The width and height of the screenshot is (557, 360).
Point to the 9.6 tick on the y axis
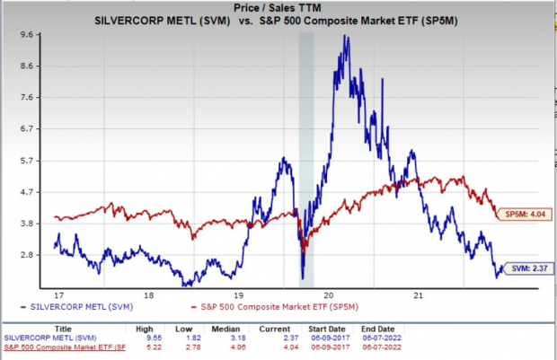(27, 34)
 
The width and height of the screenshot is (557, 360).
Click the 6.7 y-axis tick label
(27, 128)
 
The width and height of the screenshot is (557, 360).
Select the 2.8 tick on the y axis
(27, 254)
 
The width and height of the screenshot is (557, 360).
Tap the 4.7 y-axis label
(27, 191)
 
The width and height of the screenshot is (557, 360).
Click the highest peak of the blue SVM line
(346, 37)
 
